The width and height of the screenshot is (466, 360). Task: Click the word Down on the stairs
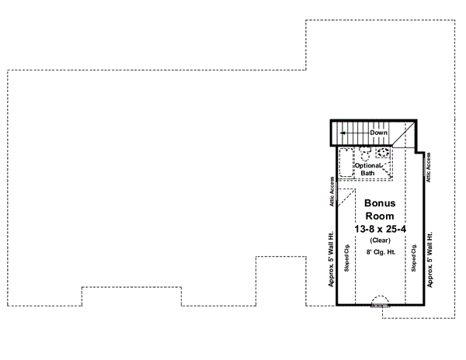pos(378,133)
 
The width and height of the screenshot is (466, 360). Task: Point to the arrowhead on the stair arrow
pos(342,133)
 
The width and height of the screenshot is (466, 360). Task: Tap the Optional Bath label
pos(367,169)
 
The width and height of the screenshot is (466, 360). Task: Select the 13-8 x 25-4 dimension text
pos(379,229)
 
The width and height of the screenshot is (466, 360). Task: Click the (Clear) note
pos(379,241)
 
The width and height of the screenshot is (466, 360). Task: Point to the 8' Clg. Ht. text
pos(379,253)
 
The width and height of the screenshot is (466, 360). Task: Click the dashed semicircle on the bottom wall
pos(381,301)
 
